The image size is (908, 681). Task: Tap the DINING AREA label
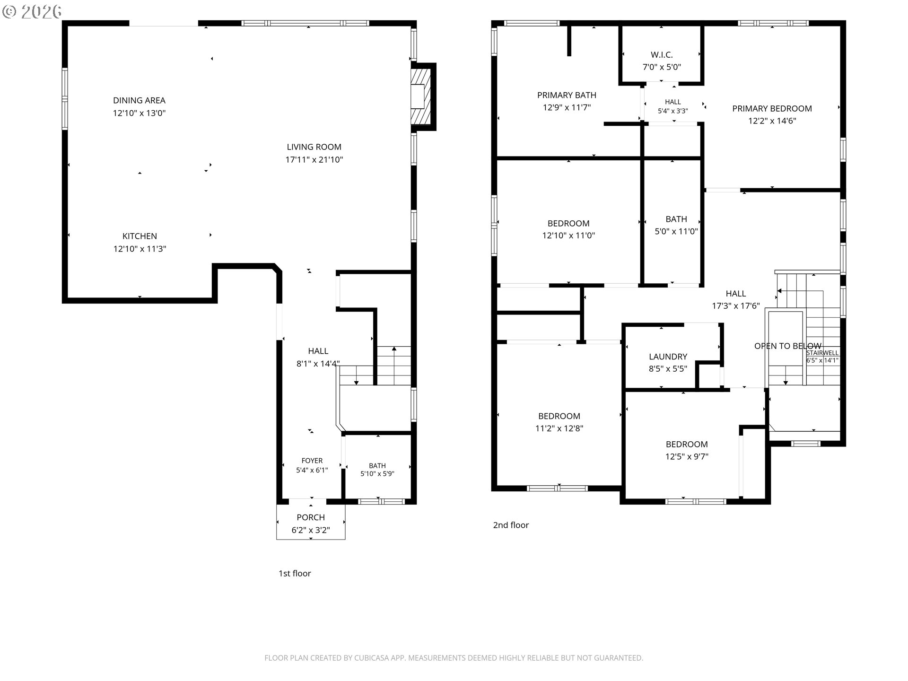[139, 100]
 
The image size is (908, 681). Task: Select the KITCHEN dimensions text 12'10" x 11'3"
[140, 249]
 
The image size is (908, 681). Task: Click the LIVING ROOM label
[314, 147]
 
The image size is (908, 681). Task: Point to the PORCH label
[311, 517]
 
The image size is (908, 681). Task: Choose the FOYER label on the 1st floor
[312, 461]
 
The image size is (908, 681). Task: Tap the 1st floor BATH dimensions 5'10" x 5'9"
[377, 474]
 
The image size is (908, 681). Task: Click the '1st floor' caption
[295, 574]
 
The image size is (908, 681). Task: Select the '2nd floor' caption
[511, 525]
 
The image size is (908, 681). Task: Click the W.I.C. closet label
[662, 55]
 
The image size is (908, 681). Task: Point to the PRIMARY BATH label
[567, 95]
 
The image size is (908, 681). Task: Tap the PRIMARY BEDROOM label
[772, 108]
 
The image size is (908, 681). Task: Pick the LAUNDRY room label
[668, 357]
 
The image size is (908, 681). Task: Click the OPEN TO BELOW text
[788, 346]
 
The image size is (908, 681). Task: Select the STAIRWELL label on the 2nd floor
[822, 353]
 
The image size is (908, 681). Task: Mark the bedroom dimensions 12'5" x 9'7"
[687, 457]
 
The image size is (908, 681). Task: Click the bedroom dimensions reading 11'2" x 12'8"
[559, 428]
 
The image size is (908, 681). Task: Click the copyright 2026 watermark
[32, 11]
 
